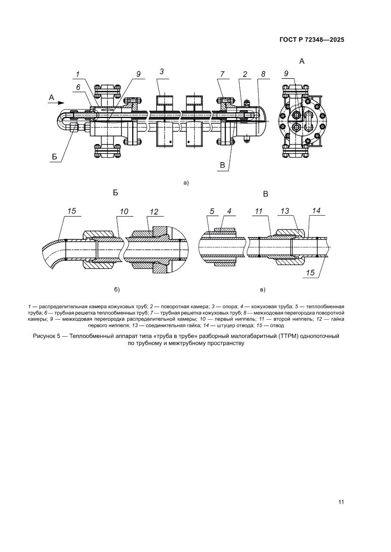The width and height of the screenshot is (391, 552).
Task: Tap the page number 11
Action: pos(340,501)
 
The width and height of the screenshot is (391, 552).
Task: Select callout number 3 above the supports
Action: pos(162,71)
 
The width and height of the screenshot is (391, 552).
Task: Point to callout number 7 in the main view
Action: pos(221,74)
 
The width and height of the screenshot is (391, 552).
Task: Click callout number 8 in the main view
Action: pos(263,74)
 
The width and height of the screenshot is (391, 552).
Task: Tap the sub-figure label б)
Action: pos(117,289)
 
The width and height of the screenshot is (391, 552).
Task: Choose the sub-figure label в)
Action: pos(263,289)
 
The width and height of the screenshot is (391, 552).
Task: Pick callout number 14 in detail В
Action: pos(316,212)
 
